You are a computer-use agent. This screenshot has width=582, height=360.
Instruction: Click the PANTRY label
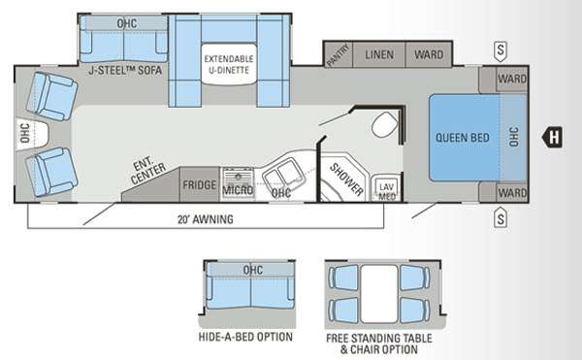pyautogui.click(x=338, y=57)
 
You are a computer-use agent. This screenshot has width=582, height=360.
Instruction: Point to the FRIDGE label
pyautogui.click(x=199, y=184)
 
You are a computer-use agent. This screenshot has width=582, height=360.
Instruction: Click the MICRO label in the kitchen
pyautogui.click(x=238, y=190)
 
